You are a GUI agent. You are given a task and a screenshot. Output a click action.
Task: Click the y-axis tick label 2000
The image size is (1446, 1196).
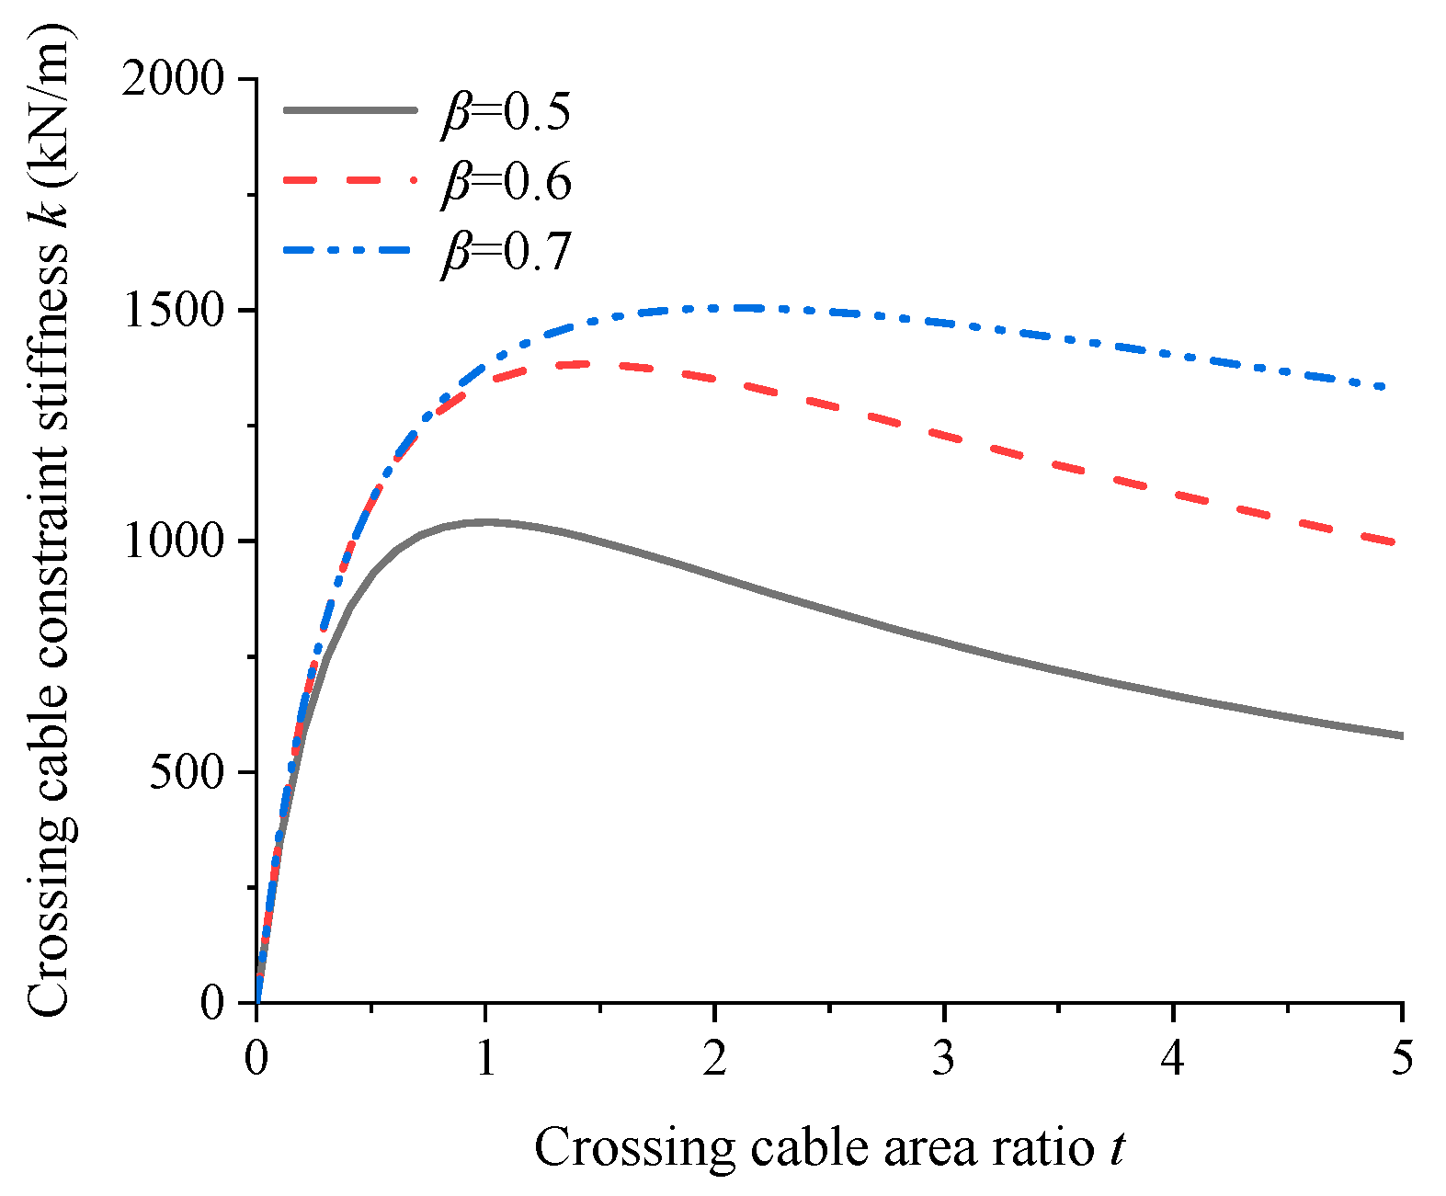click(173, 80)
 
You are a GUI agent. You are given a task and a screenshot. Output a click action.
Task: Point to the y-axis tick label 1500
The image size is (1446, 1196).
click(173, 311)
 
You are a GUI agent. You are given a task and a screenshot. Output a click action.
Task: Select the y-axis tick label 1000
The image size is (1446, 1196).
click(173, 541)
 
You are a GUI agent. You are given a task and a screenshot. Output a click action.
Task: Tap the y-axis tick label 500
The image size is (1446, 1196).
click(188, 772)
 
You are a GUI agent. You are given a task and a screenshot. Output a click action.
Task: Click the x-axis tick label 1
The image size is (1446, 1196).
click(485, 1059)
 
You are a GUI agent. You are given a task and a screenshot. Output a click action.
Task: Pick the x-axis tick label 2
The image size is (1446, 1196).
click(714, 1059)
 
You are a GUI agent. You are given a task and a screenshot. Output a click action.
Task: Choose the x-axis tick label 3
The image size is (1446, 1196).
click(943, 1059)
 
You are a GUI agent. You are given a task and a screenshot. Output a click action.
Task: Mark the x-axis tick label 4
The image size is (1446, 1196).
click(1173, 1059)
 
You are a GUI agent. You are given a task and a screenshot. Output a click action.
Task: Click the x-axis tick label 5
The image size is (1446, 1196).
click(1401, 1059)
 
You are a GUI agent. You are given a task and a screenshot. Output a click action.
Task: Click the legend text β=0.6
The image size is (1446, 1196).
click(507, 181)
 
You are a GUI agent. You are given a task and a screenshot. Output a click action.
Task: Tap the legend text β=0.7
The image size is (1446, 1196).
click(507, 250)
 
